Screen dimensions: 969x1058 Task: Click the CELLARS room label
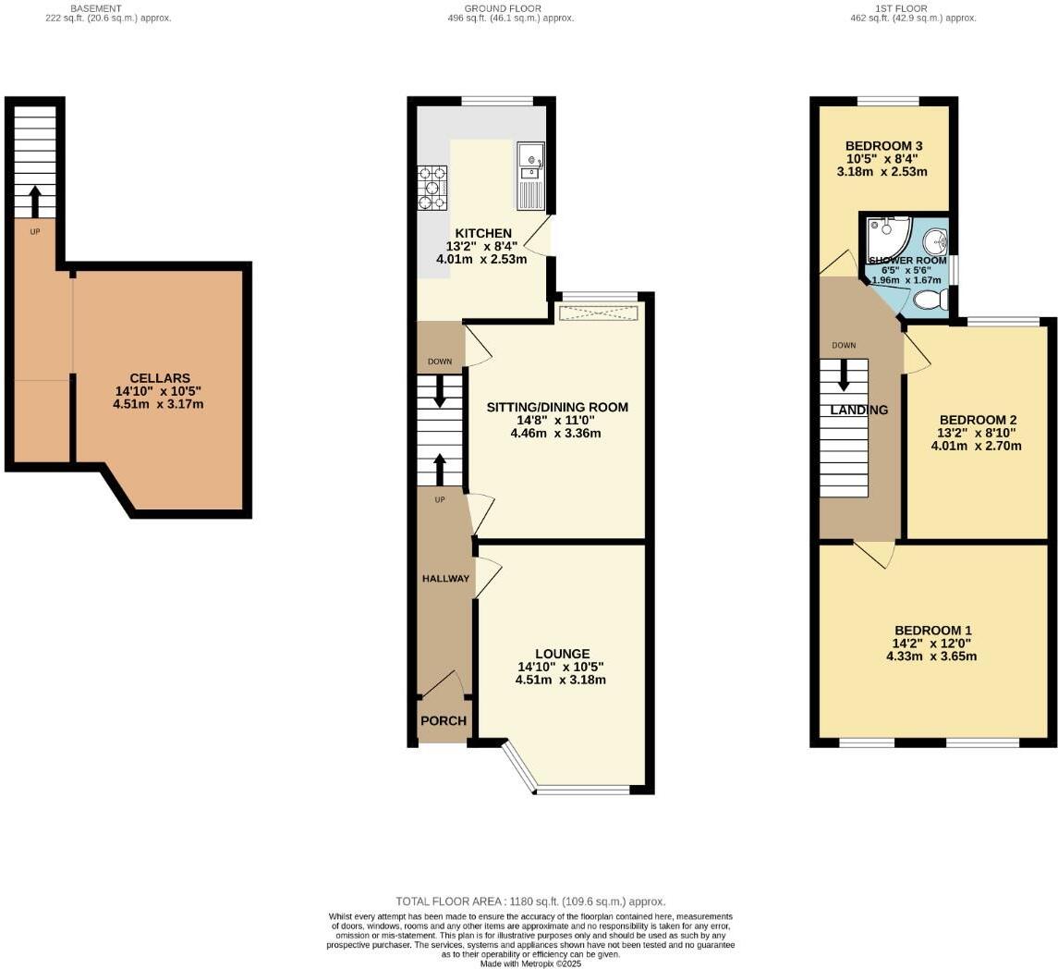(x=160, y=378)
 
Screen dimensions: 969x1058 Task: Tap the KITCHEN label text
(x=482, y=233)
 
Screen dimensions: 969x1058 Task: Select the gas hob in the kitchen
(x=432, y=188)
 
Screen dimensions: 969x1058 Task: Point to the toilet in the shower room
(x=929, y=300)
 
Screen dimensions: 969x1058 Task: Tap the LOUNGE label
(x=561, y=654)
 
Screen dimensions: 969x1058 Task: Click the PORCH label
(x=444, y=721)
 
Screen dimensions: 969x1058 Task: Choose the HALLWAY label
(x=445, y=579)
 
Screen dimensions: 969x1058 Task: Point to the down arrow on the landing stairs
(x=844, y=374)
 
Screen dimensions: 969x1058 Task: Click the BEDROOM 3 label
(x=883, y=146)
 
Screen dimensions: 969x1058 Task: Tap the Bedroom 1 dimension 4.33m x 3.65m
(x=930, y=656)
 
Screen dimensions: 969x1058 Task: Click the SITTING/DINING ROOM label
(x=557, y=407)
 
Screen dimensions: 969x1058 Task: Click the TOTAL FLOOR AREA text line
(x=530, y=902)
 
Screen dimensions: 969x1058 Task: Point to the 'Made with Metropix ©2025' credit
(x=530, y=963)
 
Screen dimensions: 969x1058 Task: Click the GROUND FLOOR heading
(x=502, y=8)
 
